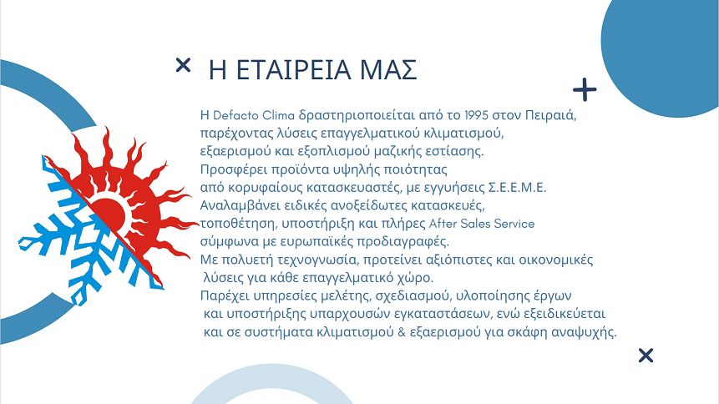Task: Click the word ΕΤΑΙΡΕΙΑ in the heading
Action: [x=294, y=70]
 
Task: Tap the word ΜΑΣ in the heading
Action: [x=388, y=70]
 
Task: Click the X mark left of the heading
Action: [x=183, y=65]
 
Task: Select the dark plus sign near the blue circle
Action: [x=585, y=89]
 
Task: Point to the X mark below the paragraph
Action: [x=646, y=356]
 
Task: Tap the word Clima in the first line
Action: [x=278, y=115]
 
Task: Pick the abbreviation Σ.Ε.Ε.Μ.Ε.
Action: [x=517, y=188]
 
